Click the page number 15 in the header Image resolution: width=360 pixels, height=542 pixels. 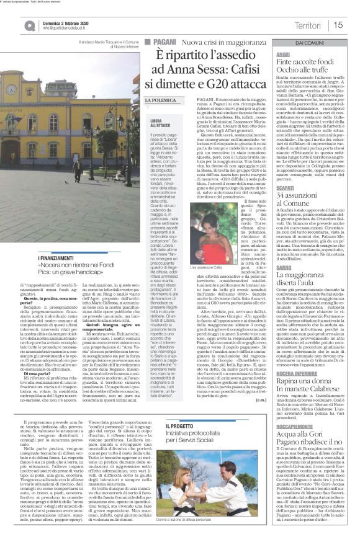338,25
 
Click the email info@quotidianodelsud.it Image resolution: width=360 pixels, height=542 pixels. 66,28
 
